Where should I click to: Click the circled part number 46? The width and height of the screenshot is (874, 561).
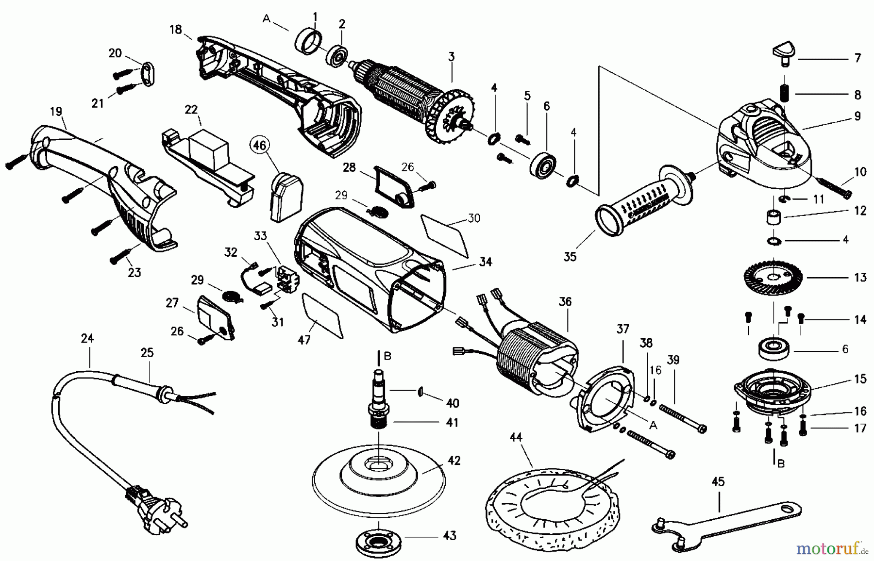coord(260,145)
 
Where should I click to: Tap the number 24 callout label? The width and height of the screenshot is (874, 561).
coord(87,338)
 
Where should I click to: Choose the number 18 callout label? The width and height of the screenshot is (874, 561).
coord(175,30)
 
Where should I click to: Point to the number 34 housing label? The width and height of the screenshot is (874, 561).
coord(485,262)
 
